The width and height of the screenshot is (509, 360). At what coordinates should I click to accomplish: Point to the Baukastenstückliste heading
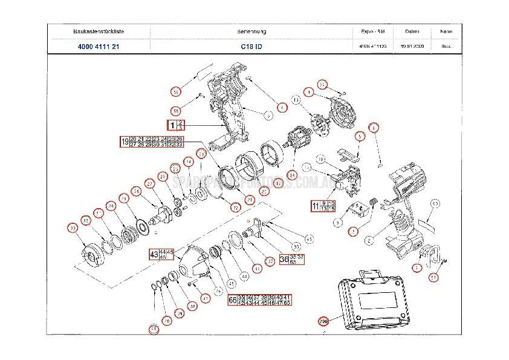tap(99, 31)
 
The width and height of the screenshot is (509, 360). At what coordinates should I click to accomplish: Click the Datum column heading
tap(412, 31)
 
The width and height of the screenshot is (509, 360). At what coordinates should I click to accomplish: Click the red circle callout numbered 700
tap(323, 321)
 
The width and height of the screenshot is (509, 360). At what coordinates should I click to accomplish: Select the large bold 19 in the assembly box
tap(125, 143)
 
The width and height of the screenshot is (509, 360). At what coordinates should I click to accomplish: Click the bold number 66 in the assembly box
tap(232, 300)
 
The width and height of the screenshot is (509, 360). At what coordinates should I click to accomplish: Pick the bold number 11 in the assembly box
tap(315, 206)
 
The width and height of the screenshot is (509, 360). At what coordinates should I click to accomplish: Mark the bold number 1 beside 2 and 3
tap(171, 126)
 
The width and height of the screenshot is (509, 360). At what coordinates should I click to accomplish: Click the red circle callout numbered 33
tap(73, 227)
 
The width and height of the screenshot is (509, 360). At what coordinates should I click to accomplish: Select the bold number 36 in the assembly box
tap(284, 260)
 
